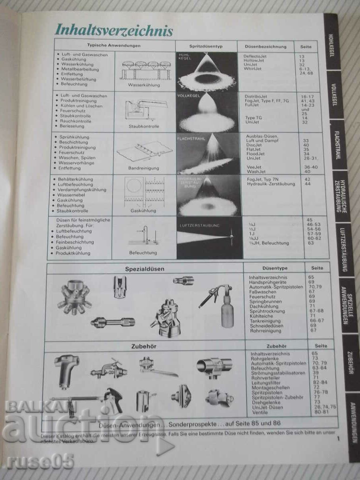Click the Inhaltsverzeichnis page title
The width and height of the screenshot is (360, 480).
pos(114,30)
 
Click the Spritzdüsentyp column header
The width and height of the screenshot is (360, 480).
pos(206,46)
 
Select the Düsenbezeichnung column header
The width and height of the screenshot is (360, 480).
pos(265,46)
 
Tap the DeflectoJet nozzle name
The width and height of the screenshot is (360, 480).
pos(255,56)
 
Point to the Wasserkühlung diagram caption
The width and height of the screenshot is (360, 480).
pos(144,85)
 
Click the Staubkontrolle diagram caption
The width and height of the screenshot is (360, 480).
pos(144,126)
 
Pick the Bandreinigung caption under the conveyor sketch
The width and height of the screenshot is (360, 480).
pos(144,168)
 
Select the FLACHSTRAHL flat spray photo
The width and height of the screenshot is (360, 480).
pos(208,154)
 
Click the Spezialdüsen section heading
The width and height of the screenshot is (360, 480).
pos(145,269)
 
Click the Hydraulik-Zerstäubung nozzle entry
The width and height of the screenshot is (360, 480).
pos(271,184)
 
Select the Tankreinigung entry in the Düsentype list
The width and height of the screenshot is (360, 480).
pos(265,321)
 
